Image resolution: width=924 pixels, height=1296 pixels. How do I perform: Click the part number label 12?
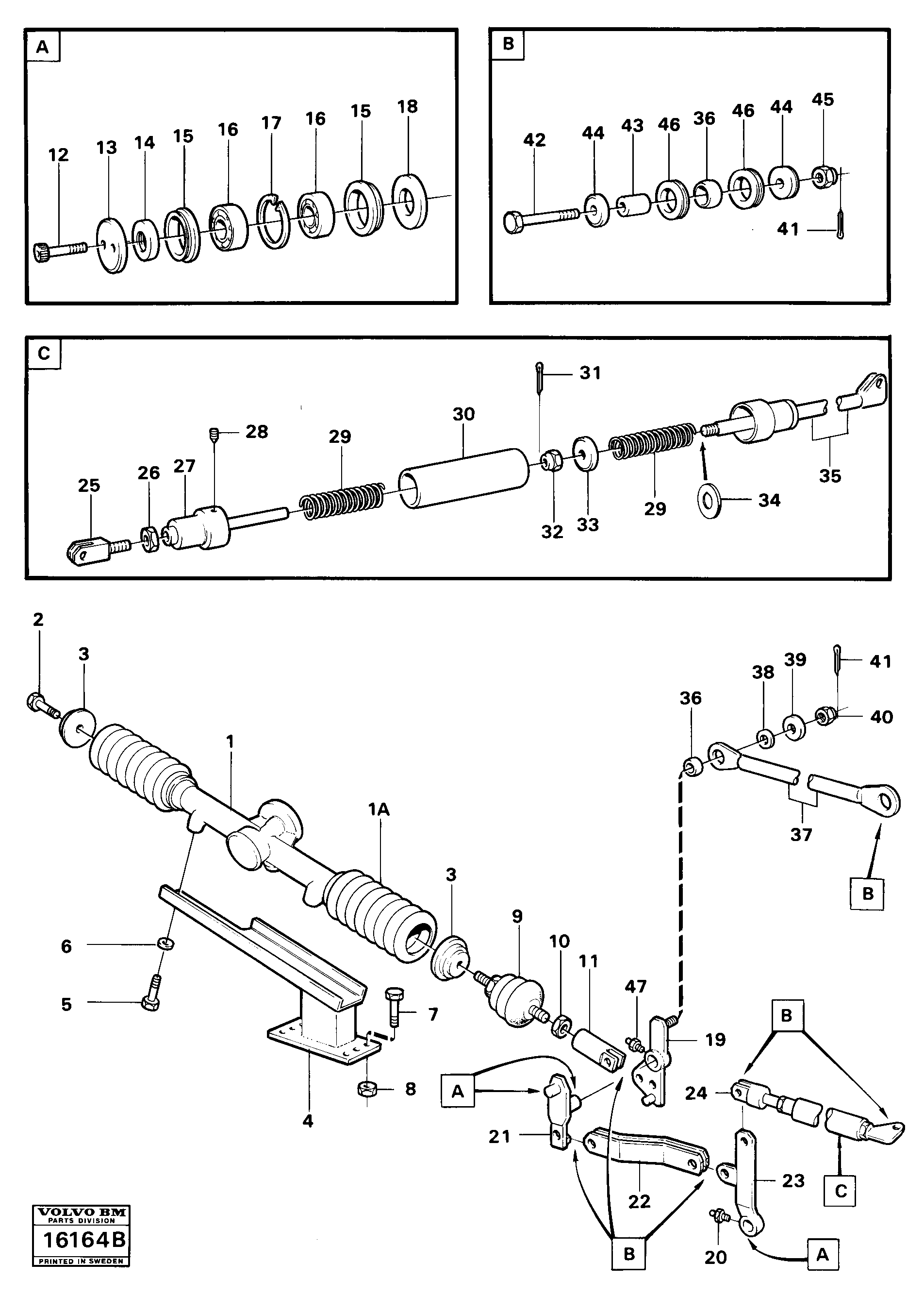click(x=58, y=155)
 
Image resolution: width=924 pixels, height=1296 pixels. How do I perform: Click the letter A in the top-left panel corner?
click(x=43, y=47)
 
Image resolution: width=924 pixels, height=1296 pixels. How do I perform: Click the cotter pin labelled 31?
click(x=539, y=377)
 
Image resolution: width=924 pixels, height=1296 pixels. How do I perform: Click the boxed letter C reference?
click(x=841, y=1191)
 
